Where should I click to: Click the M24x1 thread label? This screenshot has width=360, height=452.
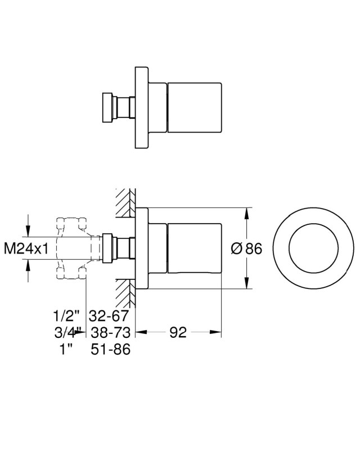click(x=26, y=248)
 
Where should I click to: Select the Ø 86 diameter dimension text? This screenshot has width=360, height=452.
click(x=246, y=248)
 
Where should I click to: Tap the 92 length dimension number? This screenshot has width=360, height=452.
click(x=178, y=332)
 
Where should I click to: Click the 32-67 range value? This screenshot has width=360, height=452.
click(x=108, y=315)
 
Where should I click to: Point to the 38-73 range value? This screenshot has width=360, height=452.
click(x=110, y=332)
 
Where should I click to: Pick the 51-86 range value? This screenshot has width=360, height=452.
click(x=110, y=349)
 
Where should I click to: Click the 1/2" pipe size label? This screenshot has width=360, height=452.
click(x=66, y=315)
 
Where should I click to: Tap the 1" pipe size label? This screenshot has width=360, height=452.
click(x=65, y=349)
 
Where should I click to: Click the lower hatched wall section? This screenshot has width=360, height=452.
click(x=125, y=293)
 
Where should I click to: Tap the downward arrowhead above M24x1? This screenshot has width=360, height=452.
click(x=28, y=230)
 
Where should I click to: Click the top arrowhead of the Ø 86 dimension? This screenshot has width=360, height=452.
click(x=246, y=214)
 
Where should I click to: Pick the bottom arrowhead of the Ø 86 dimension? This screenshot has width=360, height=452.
click(x=246, y=282)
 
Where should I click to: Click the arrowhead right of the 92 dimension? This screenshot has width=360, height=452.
click(x=215, y=332)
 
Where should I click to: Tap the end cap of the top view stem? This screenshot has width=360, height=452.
click(x=107, y=108)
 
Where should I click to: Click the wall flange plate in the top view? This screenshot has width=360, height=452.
click(x=142, y=108)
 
